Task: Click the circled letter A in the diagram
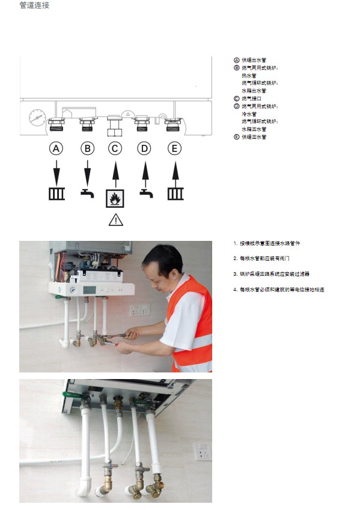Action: coord(56,148)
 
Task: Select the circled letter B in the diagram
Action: coord(88,148)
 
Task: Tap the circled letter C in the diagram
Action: coord(115,148)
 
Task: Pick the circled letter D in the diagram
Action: coord(144,148)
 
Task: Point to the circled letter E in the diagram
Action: coord(174,148)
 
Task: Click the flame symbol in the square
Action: coord(115,198)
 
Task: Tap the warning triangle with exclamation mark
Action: coord(115,220)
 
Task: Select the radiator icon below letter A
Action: coord(56,194)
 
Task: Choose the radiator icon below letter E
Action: coord(175,194)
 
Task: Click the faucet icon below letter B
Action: coord(88,193)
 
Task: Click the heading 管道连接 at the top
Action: coord(34,5)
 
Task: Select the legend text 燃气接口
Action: coord(251,98)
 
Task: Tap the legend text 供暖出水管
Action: coord(254,60)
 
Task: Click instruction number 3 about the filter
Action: coord(271,274)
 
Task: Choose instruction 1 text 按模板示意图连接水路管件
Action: coord(270,243)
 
